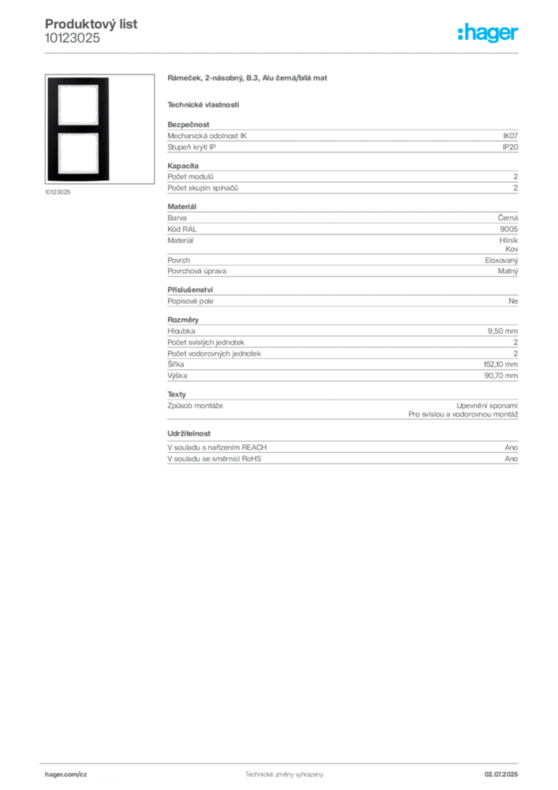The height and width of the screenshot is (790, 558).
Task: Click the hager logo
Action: (487, 32)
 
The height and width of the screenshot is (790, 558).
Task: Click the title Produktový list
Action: (91, 24)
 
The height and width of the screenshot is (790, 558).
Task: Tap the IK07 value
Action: (510, 136)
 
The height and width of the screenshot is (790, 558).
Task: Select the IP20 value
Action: (510, 147)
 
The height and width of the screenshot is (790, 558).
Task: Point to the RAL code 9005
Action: (509, 229)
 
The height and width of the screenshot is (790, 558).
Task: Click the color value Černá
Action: (508, 218)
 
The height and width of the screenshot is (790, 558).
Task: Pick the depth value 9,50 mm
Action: (503, 331)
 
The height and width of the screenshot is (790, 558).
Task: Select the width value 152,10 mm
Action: (501, 364)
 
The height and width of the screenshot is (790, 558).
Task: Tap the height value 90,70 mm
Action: (501, 376)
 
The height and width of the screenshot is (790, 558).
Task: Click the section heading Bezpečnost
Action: (188, 124)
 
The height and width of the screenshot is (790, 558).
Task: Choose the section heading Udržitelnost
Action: (189, 434)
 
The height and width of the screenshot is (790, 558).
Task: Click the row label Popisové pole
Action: (190, 302)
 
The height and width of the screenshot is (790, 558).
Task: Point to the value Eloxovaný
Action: (501, 261)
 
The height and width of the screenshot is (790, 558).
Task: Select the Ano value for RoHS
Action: (511, 458)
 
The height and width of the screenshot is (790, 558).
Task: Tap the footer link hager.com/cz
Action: (66, 775)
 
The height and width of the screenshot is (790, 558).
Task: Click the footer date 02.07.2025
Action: (501, 775)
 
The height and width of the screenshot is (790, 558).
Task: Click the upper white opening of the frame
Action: (78, 105)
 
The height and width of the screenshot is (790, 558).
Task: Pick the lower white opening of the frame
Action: (78, 154)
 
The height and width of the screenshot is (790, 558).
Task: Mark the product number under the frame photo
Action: (57, 192)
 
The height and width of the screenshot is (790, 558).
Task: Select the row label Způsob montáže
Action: (195, 406)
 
